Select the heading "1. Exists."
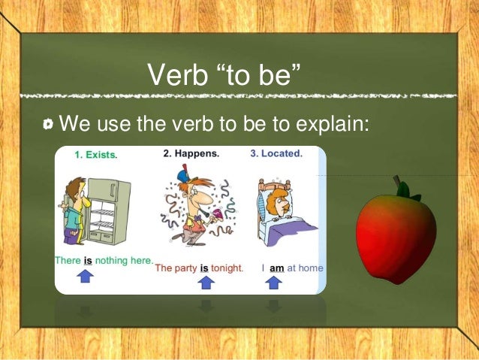pos(95,155)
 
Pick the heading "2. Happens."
pos(191,153)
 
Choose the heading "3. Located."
pos(276,153)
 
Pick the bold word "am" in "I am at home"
pos(276,268)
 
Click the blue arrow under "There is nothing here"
pos(86,277)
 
